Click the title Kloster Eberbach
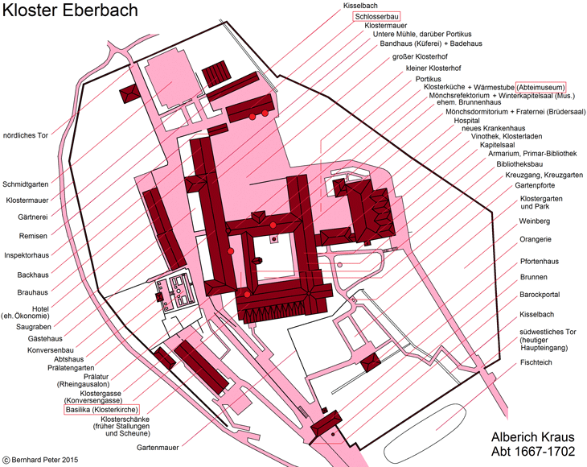tap(71, 10)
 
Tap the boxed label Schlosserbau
tap(376, 16)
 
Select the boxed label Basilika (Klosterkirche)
tap(102, 410)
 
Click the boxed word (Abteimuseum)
tap(540, 87)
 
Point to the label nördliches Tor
tap(26, 135)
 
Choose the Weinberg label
tap(534, 221)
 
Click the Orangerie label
tap(536, 239)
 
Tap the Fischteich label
tap(536, 362)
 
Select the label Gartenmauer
tap(158, 448)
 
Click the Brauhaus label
tap(33, 292)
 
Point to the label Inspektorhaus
tap(27, 255)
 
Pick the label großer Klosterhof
tap(420, 57)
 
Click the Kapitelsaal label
tap(498, 145)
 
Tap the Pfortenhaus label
tap(539, 262)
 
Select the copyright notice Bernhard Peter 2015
tap(40, 460)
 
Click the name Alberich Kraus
tap(532, 437)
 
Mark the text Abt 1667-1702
tap(532, 451)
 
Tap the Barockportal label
tap(540, 295)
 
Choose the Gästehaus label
tap(45, 339)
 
